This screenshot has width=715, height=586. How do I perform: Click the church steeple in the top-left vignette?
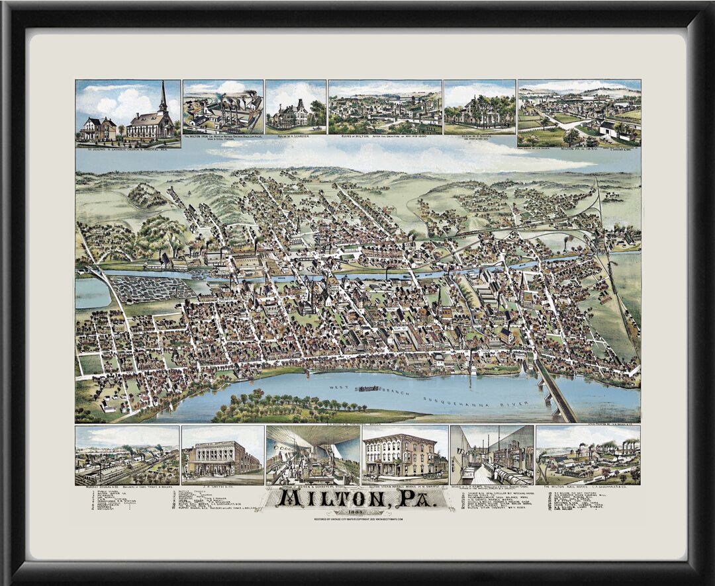coord(162,99)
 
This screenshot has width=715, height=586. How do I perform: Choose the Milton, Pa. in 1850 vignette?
coord(579,112)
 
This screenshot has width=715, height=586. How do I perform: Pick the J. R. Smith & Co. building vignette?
coord(222,456)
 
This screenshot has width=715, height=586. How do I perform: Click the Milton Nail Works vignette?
coord(588,456)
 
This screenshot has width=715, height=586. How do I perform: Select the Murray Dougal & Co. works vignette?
coord(127,456)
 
